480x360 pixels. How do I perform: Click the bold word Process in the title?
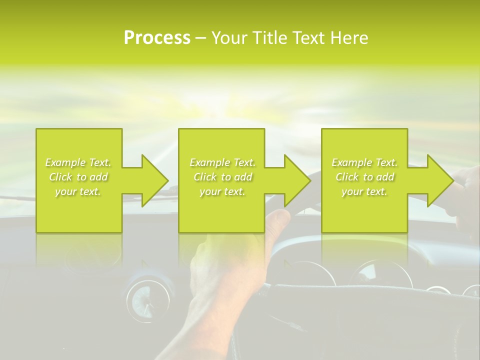coord(157,38)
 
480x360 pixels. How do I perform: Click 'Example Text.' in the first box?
coord(78,162)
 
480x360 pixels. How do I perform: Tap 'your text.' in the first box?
coord(78,191)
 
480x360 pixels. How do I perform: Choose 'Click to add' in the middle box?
coord(222,177)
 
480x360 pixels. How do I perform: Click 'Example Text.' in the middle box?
coord(222,162)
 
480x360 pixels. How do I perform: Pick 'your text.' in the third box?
coord(364,191)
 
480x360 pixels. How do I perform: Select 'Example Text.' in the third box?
coord(364,162)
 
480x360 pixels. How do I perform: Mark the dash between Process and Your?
coord(201,38)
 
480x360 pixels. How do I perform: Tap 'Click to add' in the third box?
coord(364,177)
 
